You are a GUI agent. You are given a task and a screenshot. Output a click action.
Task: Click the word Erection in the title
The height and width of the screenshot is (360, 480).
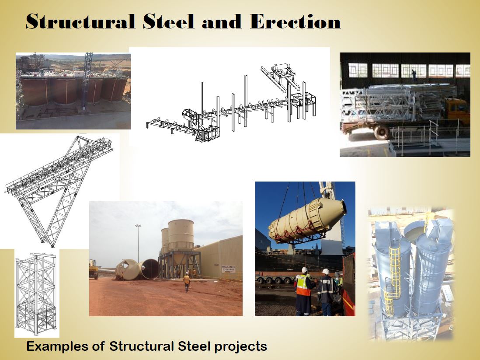pyautogui.click(x=295, y=22)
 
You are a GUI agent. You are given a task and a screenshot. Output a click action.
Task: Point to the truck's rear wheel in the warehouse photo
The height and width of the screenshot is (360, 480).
pyautogui.click(x=381, y=131)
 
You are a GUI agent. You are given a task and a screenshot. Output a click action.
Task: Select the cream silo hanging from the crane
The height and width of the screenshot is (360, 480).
pyautogui.click(x=306, y=219)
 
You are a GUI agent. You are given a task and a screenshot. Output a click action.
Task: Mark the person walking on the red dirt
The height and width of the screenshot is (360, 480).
pyautogui.click(x=187, y=282)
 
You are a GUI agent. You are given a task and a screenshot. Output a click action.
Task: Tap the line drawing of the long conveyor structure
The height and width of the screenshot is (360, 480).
pyautogui.click(x=232, y=109)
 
